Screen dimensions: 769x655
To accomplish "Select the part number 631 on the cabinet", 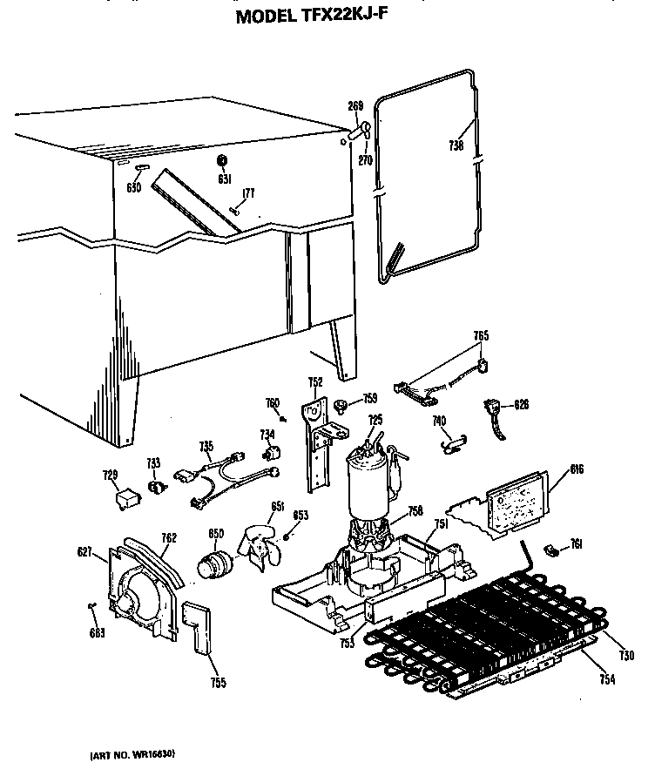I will (223, 179).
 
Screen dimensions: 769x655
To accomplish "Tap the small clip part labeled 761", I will (550, 549).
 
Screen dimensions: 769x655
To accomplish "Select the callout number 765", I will (481, 334).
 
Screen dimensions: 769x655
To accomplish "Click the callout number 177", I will (248, 192).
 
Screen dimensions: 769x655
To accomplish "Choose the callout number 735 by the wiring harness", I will (206, 446).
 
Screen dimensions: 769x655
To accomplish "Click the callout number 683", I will (97, 632).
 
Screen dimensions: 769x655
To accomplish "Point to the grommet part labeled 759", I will (341, 401).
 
